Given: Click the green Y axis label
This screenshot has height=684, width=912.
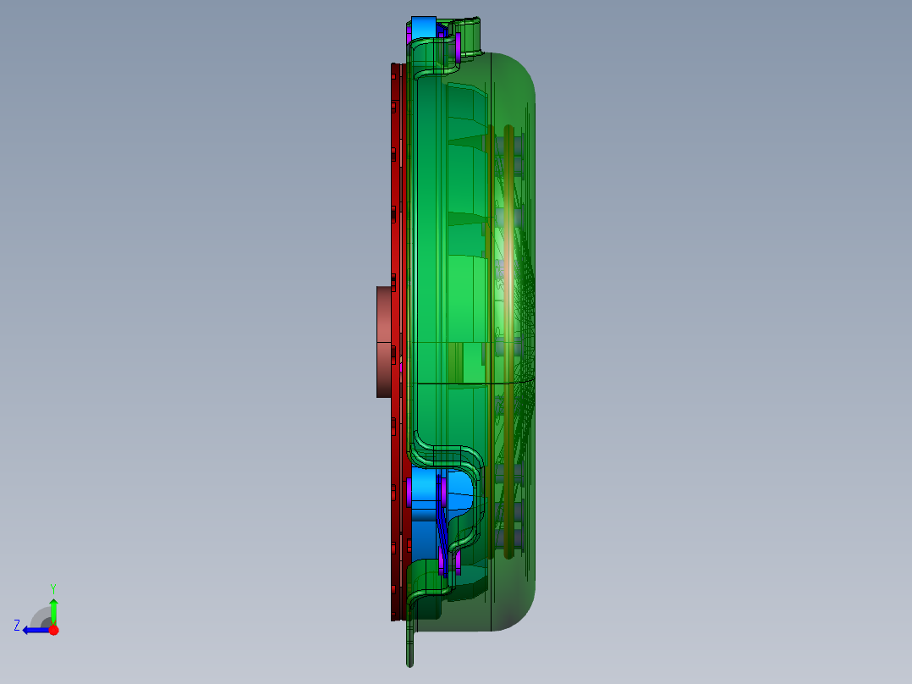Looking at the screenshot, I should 52,587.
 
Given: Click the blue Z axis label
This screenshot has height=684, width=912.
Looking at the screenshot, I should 17,626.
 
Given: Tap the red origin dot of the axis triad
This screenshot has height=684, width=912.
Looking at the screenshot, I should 53,630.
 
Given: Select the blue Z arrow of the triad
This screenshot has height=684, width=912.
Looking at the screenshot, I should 34,630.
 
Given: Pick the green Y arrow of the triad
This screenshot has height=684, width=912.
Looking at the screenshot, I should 53,610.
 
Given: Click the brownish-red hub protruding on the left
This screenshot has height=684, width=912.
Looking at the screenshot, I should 386,341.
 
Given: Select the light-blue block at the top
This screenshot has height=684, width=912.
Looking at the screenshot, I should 423,27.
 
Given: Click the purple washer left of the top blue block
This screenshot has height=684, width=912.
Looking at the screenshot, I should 409,34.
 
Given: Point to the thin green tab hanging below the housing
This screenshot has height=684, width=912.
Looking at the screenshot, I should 411,647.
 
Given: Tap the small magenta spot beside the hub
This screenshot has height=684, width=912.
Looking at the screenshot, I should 401,366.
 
